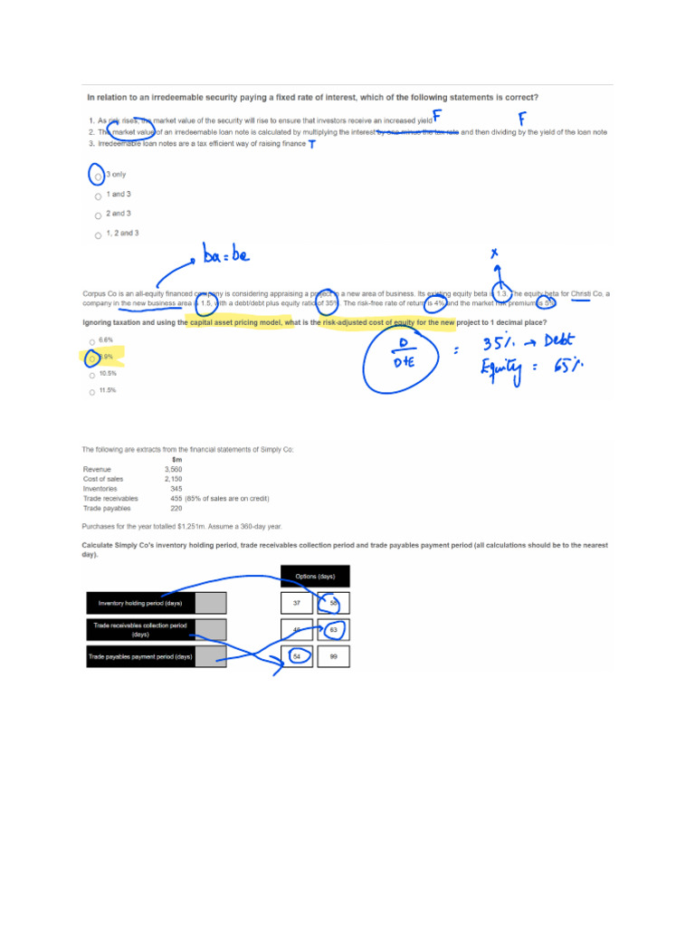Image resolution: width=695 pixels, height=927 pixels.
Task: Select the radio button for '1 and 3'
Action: (x=98, y=196)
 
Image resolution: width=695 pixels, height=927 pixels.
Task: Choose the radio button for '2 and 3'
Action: (x=98, y=215)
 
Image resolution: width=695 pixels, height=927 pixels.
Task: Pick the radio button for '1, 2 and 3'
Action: (x=98, y=235)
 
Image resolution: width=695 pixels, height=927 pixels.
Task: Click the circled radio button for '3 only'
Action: (x=97, y=176)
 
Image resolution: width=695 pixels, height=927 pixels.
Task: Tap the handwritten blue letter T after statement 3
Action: (x=312, y=145)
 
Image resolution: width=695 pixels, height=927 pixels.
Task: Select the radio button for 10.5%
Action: (x=91, y=375)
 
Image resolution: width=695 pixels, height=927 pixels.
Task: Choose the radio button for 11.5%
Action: (x=91, y=392)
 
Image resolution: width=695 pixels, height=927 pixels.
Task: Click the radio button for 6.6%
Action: (x=91, y=341)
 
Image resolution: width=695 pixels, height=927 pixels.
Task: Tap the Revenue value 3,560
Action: (x=173, y=470)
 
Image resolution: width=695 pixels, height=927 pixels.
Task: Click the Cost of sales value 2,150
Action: (x=173, y=479)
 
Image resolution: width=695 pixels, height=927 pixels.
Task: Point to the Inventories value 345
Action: (x=176, y=489)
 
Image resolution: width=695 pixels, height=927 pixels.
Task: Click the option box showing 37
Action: (x=297, y=603)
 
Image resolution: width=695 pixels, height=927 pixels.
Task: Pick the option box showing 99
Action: (x=334, y=656)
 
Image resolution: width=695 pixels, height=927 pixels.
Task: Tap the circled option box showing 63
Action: (x=334, y=629)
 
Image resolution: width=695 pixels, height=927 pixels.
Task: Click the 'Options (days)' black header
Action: (x=315, y=576)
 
